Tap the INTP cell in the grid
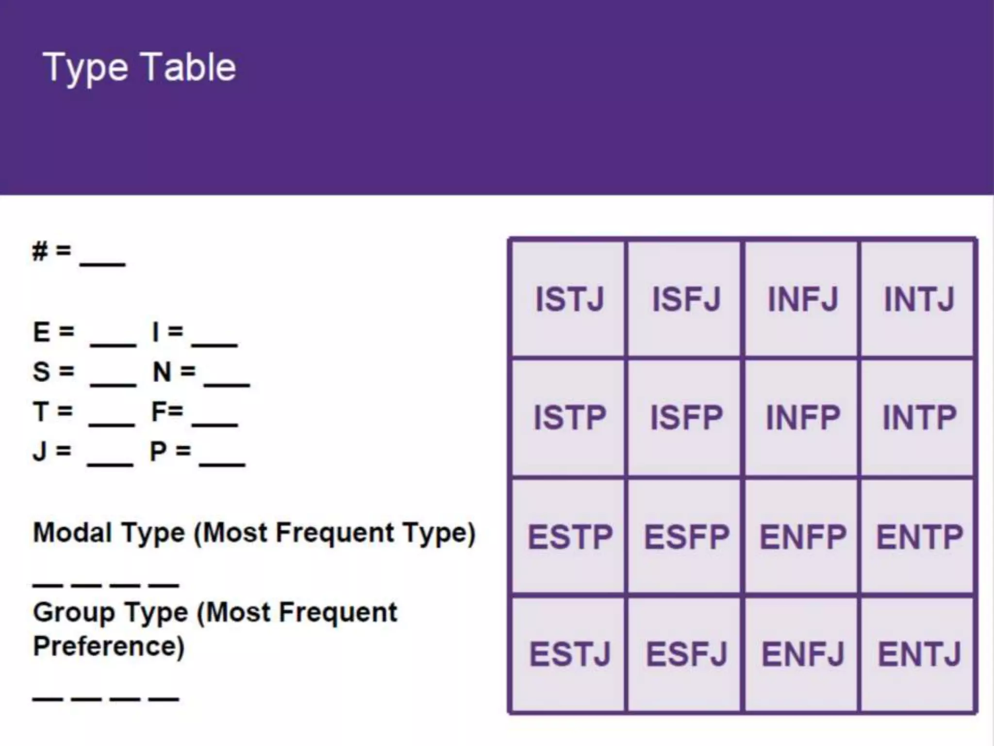(x=919, y=418)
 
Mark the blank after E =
(x=113, y=343)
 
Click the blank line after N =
(x=227, y=383)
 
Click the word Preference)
(x=109, y=646)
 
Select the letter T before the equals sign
(x=41, y=412)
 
